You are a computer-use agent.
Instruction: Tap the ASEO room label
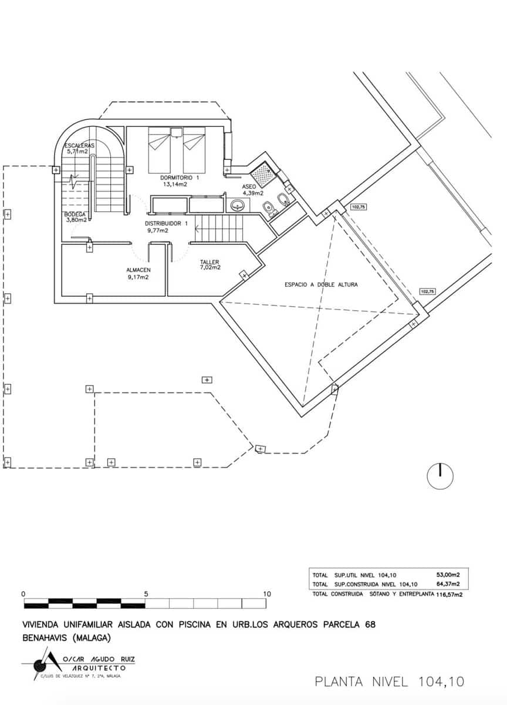(x=249, y=186)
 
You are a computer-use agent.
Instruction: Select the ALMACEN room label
(x=138, y=270)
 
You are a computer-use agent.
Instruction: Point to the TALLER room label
(x=209, y=262)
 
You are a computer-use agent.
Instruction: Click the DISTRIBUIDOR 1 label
(x=166, y=224)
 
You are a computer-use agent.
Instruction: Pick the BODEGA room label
(x=76, y=214)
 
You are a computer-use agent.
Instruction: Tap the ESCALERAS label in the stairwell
(x=79, y=145)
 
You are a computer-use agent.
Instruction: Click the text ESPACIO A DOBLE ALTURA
(x=321, y=284)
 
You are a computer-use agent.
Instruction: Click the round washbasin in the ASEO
(x=238, y=206)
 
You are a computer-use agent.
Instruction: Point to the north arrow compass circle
(x=440, y=476)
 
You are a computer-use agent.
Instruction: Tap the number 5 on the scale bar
(x=146, y=594)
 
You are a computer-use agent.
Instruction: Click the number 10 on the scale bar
(x=267, y=594)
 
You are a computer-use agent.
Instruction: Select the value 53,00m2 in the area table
(x=447, y=575)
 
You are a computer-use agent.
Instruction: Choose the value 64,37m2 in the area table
(x=447, y=585)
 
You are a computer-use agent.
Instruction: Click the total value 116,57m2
(x=449, y=595)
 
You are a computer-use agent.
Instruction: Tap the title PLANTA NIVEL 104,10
(x=389, y=681)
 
